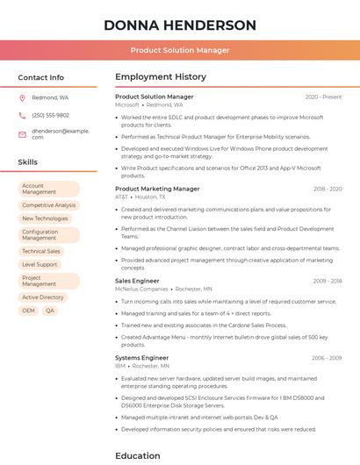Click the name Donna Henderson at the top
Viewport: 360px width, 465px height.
(x=179, y=25)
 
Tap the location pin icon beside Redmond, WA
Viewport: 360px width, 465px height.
(x=22, y=98)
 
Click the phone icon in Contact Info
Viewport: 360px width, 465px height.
(x=22, y=115)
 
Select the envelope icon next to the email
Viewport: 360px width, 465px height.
(x=22, y=133)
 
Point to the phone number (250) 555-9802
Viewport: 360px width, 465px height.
(x=50, y=115)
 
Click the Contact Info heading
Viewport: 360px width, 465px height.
(x=40, y=77)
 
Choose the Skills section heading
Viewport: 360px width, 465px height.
(x=28, y=162)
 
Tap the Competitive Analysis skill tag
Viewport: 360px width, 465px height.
(x=49, y=205)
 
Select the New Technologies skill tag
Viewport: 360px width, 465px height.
(x=45, y=218)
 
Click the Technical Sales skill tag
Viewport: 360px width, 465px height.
(x=41, y=251)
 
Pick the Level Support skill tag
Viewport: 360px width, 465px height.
(x=40, y=264)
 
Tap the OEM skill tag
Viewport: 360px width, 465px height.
(x=29, y=311)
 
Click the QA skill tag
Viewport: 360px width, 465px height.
(x=50, y=311)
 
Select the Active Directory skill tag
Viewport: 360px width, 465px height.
(x=43, y=297)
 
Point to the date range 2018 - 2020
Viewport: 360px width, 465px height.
(x=328, y=189)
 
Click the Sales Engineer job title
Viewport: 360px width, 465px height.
(x=137, y=281)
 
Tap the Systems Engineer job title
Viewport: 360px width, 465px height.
(x=141, y=358)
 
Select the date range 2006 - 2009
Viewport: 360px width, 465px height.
(x=327, y=358)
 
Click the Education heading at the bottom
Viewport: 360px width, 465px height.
(x=138, y=455)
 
